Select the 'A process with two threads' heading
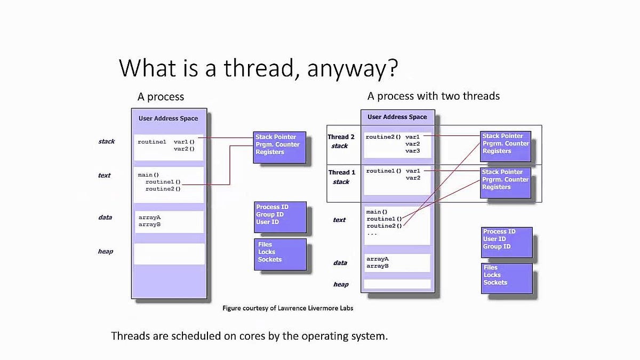(x=433, y=96)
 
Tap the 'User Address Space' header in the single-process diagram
(x=168, y=118)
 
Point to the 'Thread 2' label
(x=341, y=137)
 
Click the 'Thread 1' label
(x=341, y=172)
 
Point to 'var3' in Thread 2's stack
(x=412, y=151)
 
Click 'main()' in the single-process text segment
(x=148, y=175)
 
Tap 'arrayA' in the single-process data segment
(x=149, y=218)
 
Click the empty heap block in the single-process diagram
(x=169, y=254)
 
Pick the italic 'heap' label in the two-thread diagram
(x=341, y=284)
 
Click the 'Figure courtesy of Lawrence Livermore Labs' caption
(x=287, y=308)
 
